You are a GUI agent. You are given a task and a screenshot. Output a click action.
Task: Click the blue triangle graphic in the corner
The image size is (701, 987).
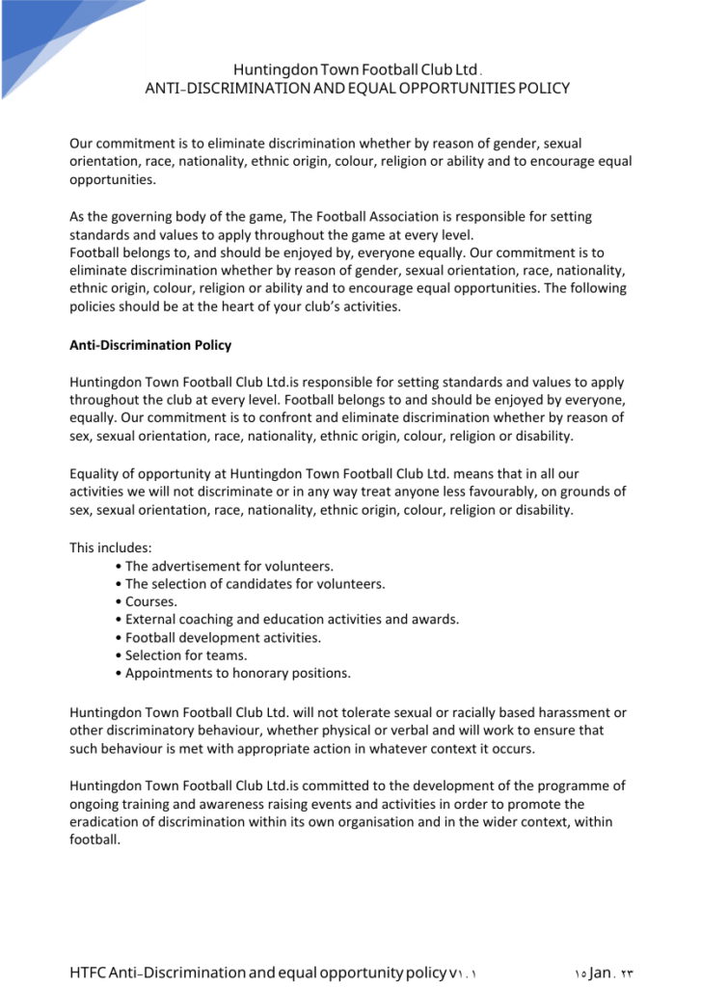(48, 34)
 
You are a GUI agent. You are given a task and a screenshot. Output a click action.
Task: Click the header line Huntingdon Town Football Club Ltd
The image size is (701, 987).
(356, 69)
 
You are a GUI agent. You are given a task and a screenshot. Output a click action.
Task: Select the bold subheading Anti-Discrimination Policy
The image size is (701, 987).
(150, 344)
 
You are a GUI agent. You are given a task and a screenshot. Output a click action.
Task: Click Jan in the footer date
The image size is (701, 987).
(600, 972)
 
